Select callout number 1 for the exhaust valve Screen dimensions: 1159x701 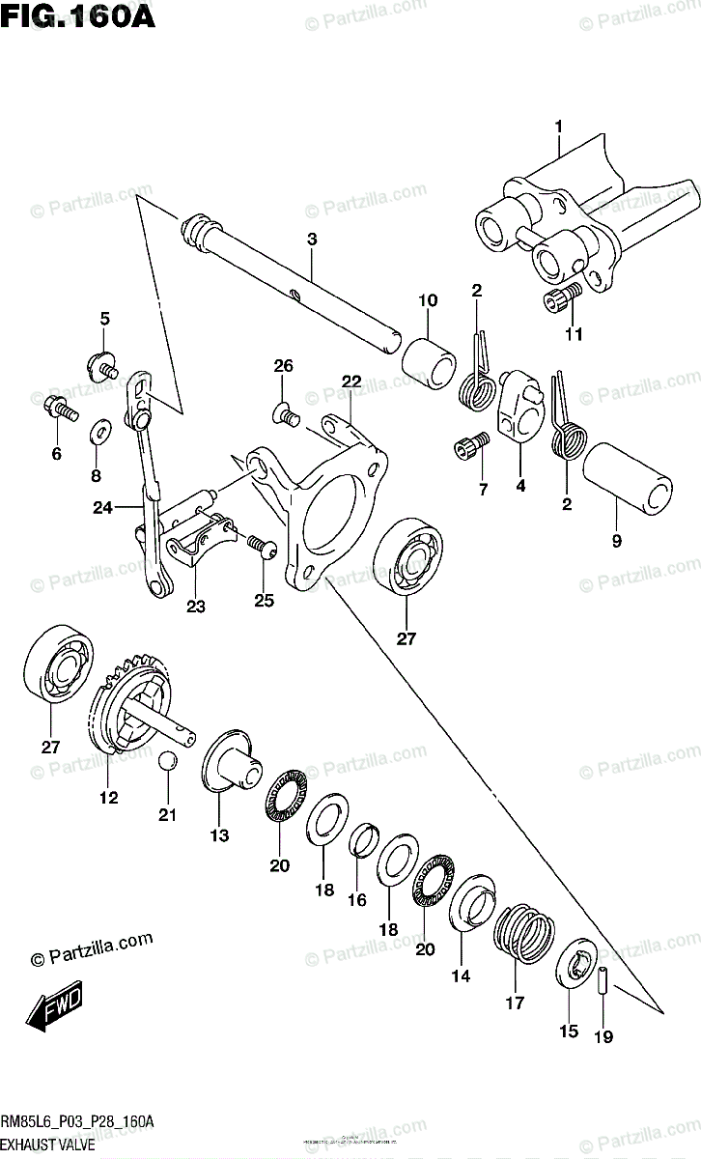point(557,127)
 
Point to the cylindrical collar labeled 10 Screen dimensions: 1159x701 point(429,360)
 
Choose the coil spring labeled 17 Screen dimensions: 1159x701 point(524,936)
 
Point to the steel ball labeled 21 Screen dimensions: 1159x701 point(168,762)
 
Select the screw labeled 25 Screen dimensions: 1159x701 point(263,546)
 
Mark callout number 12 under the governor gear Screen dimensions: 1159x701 point(108,798)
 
